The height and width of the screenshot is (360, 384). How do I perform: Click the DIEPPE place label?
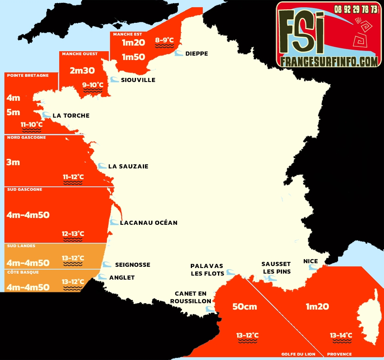pyautogui.click(x=196, y=54)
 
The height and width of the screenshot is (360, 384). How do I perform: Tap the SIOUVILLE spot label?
pyautogui.click(x=138, y=80)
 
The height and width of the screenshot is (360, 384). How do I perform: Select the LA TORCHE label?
pyautogui.click(x=71, y=116)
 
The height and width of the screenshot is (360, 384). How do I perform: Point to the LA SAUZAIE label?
pyautogui.click(x=128, y=166)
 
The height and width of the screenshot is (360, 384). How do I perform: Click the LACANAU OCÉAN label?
pyautogui.click(x=148, y=223)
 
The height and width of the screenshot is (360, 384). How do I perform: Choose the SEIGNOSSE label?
pyautogui.click(x=132, y=265)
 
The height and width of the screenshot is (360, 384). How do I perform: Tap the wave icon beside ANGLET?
pyautogui.click(x=103, y=277)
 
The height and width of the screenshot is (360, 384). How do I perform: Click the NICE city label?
pyautogui.click(x=310, y=261)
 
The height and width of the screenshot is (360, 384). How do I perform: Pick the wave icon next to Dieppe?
pyautogui.click(x=178, y=53)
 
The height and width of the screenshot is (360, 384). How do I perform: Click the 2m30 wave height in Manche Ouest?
pyautogui.click(x=82, y=71)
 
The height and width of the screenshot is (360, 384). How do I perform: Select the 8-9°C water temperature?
pyautogui.click(x=164, y=40)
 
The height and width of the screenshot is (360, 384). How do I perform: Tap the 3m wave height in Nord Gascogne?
pyautogui.click(x=13, y=162)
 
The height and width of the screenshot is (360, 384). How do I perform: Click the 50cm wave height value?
pyautogui.click(x=245, y=307)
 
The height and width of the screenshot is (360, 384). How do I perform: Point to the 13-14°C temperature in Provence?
pyautogui.click(x=341, y=335)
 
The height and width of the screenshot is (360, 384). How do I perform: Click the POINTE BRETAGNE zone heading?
pyautogui.click(x=28, y=75)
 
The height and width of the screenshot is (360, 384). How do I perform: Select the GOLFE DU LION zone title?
pyautogui.click(x=298, y=354)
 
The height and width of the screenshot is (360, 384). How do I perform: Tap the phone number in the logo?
pyautogui.click(x=356, y=9)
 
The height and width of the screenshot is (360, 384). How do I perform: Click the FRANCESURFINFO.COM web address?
pyautogui.click(x=329, y=61)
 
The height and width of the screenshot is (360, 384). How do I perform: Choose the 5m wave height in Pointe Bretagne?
pyautogui.click(x=13, y=112)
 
